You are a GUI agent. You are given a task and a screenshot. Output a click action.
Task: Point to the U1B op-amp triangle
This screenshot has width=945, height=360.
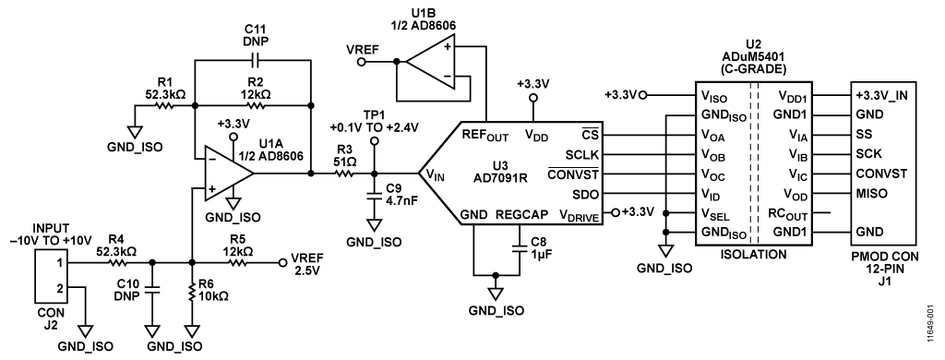tap(430, 62)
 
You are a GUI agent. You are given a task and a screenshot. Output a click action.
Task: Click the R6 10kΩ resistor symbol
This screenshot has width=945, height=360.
tap(192, 293)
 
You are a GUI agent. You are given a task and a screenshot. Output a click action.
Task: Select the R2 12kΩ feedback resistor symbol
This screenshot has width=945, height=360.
tap(257, 105)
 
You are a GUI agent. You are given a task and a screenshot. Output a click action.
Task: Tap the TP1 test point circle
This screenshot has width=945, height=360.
tap(374, 141)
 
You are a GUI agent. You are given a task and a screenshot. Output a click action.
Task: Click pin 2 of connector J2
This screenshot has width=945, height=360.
tap(60, 289)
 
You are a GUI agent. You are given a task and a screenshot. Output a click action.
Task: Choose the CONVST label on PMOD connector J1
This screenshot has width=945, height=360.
tap(881, 174)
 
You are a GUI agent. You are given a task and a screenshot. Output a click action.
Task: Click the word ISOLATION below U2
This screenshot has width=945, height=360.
tap(753, 255)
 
